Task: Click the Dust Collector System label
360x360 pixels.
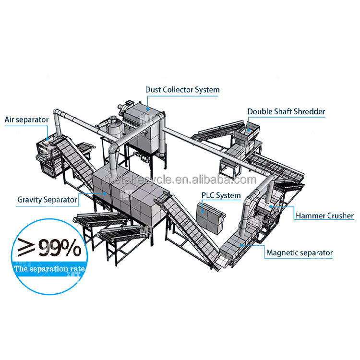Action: pos(182,90)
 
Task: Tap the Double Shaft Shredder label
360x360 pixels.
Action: pos(286,112)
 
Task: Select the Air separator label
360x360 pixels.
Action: pos(26,119)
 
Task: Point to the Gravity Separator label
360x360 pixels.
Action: pos(47,199)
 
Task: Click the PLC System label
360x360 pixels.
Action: pos(221,195)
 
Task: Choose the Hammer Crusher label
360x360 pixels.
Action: pos(324,216)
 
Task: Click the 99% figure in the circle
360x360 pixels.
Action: pos(60,249)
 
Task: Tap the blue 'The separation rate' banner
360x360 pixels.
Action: pos(49,269)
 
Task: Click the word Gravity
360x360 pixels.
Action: pos(30,199)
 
